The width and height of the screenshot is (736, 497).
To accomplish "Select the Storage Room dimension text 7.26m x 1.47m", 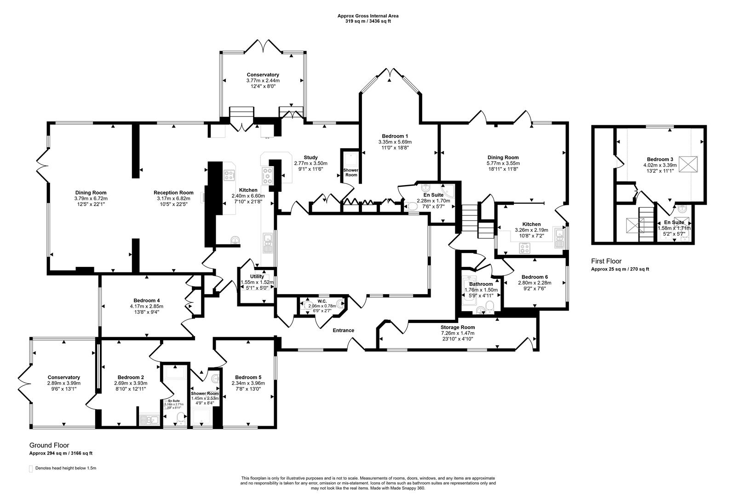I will click(457, 333).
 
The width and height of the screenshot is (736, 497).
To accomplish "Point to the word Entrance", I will click(344, 330).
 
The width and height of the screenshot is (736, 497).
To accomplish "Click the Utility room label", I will click(257, 276).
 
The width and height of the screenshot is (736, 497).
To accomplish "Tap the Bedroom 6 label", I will click(535, 277).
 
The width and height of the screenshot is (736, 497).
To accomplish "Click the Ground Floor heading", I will click(49, 445).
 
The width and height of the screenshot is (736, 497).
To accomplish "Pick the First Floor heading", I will click(606, 261).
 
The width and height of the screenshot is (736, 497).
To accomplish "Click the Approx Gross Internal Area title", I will click(368, 16).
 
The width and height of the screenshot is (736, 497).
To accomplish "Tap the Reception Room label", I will click(173, 192).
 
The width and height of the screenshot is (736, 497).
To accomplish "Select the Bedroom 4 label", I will click(146, 300).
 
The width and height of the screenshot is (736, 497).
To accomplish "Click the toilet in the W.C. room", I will click(339, 303).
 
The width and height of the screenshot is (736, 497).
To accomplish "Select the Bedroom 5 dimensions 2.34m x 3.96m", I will click(248, 382).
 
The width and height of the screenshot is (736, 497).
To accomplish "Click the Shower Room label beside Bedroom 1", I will click(351, 173).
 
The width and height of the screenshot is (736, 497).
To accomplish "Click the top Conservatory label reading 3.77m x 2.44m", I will click(263, 80).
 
